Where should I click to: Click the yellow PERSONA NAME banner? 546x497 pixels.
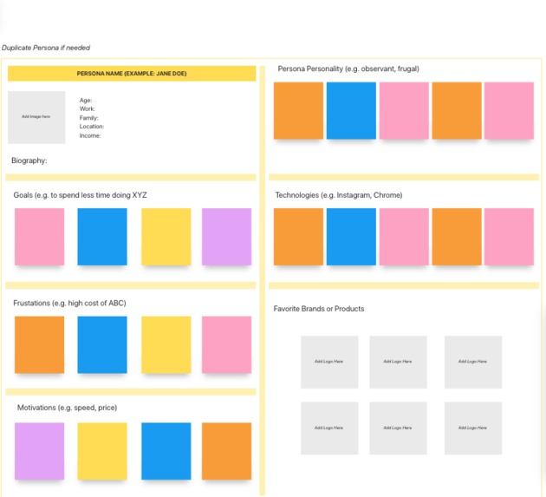point(132,74)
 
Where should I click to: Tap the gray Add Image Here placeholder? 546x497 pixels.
point(36,117)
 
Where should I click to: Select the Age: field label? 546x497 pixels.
point(86,101)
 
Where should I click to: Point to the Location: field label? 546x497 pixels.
point(92,127)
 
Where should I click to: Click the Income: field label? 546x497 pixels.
point(90,135)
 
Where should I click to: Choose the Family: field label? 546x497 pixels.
point(89,118)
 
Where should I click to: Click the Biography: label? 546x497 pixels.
point(29,160)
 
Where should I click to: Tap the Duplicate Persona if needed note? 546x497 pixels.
point(46,48)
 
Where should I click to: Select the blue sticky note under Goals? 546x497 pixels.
point(102,237)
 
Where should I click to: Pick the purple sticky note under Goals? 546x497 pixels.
point(226,237)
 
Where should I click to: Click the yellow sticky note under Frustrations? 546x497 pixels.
point(166,344)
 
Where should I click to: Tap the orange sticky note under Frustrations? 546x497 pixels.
point(39,344)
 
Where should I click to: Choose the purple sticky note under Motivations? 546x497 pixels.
point(39,451)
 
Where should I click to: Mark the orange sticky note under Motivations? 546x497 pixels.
point(226,451)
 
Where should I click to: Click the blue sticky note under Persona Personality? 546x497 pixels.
point(351,111)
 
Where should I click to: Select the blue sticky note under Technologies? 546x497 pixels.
point(351,237)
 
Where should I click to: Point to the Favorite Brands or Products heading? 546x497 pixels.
point(319,309)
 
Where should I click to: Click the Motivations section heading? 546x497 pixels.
point(67,408)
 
